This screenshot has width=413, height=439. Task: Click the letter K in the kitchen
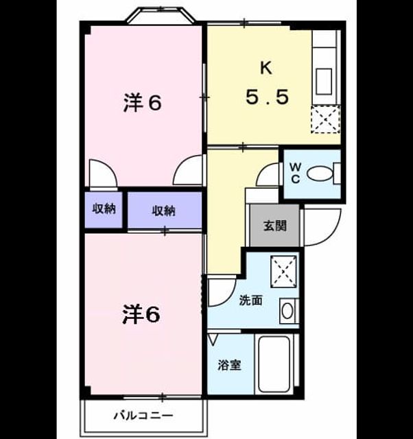pos(266,68)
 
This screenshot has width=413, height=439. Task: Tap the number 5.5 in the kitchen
pos(267,97)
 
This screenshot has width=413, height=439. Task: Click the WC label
pos(296,174)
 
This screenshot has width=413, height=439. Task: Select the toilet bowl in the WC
pos(319,174)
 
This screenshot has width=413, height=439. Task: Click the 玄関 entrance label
pos(275,226)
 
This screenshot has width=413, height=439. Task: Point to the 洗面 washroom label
pos(250,300)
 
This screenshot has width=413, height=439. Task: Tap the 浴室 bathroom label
pos(229,365)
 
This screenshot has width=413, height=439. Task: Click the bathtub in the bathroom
pos(274,364)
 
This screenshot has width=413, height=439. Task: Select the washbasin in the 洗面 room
pos(287,311)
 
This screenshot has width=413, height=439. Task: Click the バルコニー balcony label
pos(143,416)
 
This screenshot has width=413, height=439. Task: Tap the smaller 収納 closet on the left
pos(104,209)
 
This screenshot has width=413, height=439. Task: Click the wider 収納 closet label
pos(163,211)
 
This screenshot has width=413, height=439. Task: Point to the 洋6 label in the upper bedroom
pos(143,103)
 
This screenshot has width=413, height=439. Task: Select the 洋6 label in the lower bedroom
pos(141,315)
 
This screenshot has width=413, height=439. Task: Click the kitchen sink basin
pos(324,81)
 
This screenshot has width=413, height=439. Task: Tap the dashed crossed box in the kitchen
pos(326,119)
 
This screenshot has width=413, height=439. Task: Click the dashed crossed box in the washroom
pos(283,272)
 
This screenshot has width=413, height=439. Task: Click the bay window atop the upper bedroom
pos(161,15)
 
